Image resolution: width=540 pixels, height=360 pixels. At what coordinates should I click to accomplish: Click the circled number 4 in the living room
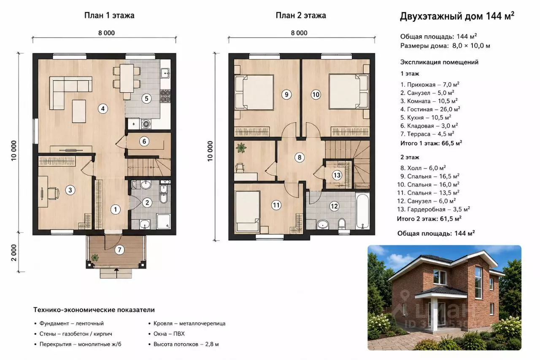click(103, 109)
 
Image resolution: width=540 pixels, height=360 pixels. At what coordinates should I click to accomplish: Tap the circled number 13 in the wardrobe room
click(337, 175)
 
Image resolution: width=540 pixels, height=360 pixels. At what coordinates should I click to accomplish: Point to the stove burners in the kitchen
click(165, 96)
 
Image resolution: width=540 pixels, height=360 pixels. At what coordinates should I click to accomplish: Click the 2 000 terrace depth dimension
click(14, 252)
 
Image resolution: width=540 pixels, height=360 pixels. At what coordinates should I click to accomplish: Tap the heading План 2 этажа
click(301, 16)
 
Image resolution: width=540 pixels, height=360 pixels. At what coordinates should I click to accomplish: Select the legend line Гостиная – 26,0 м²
click(430, 109)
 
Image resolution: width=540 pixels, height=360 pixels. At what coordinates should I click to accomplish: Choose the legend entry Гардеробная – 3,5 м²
click(433, 209)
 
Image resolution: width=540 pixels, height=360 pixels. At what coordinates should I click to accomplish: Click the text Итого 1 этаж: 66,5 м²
click(431, 143)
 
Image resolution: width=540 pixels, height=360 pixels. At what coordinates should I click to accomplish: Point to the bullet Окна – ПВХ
click(169, 334)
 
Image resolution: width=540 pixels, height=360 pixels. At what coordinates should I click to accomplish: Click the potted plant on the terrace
click(95, 257)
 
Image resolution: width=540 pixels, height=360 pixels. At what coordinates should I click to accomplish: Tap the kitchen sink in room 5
click(165, 73)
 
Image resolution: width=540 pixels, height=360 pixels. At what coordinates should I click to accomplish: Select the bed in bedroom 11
click(247, 211)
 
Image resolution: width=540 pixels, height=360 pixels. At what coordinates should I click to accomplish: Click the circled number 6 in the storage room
click(144, 141)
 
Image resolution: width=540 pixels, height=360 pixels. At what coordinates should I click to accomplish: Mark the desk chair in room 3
click(54, 194)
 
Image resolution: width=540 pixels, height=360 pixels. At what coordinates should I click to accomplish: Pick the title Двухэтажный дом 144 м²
click(457, 16)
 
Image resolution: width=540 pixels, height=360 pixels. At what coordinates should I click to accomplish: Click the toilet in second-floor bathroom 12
click(342, 223)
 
